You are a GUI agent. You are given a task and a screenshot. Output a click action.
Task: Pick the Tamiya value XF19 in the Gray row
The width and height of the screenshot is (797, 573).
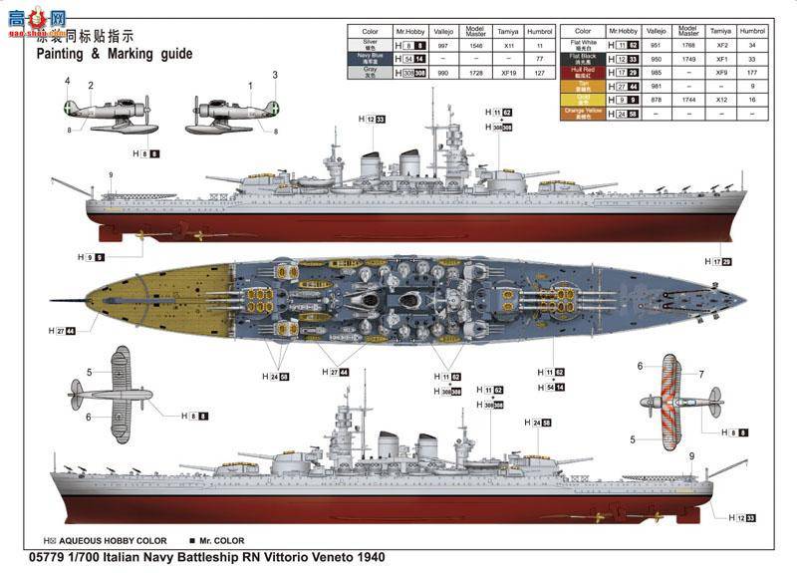tap(509, 73)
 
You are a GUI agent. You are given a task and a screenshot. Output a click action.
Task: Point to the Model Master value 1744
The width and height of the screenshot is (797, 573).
tap(687, 100)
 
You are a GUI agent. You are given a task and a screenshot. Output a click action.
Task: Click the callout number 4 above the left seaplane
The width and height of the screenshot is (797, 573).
tap(68, 81)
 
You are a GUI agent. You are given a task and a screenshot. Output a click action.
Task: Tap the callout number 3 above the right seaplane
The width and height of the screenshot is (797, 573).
tap(275, 75)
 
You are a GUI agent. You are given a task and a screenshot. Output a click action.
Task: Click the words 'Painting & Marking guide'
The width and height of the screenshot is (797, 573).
tap(114, 54)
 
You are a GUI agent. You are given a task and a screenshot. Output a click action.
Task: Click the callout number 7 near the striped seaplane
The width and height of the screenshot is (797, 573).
tap(700, 375)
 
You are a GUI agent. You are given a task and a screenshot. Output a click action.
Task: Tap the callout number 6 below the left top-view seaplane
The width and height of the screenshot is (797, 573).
tap(88, 417)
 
